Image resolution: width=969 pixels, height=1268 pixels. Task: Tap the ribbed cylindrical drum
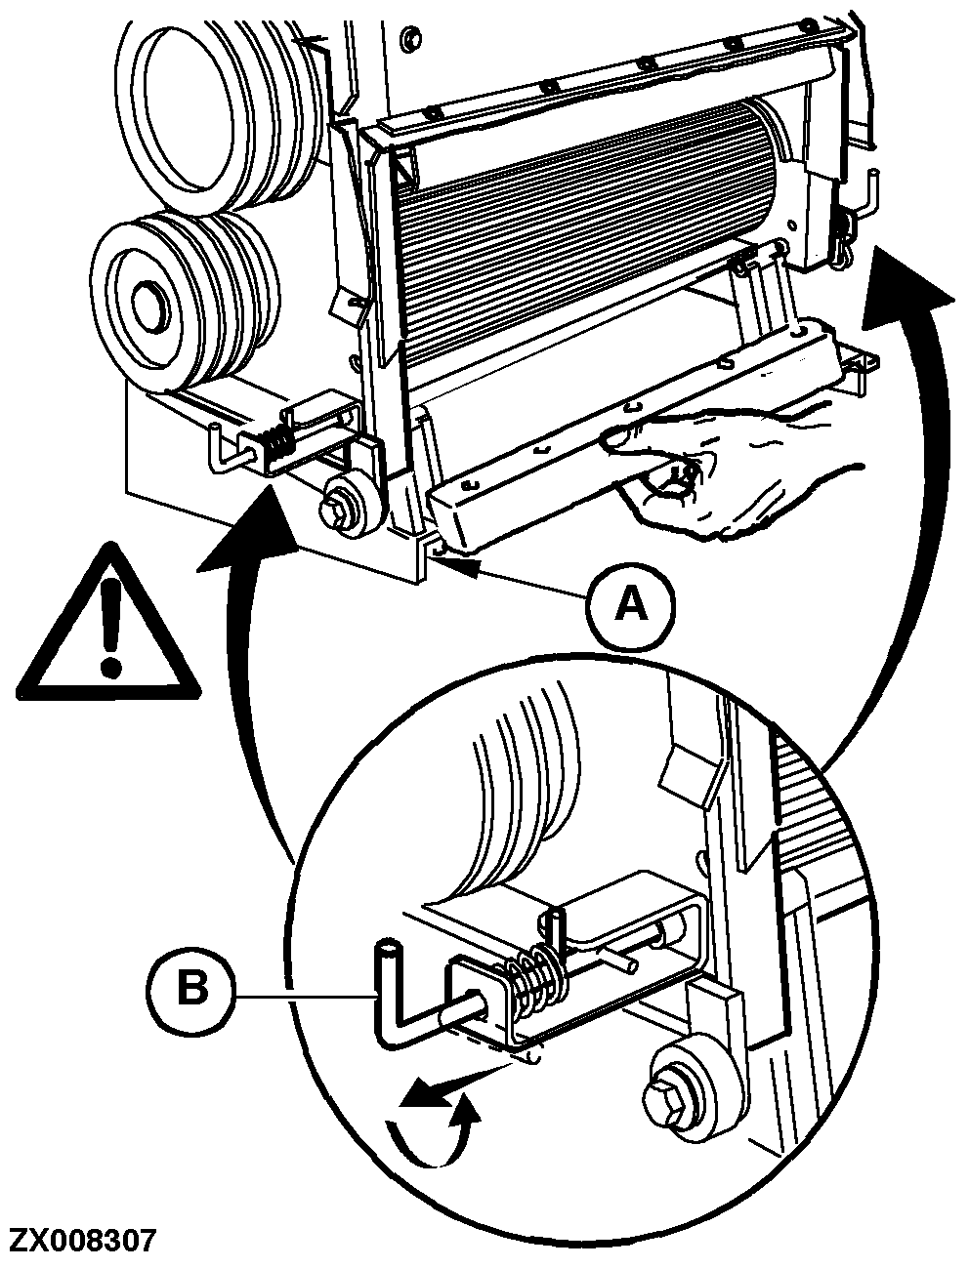(586, 234)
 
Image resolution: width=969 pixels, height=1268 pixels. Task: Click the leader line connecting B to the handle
(303, 997)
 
